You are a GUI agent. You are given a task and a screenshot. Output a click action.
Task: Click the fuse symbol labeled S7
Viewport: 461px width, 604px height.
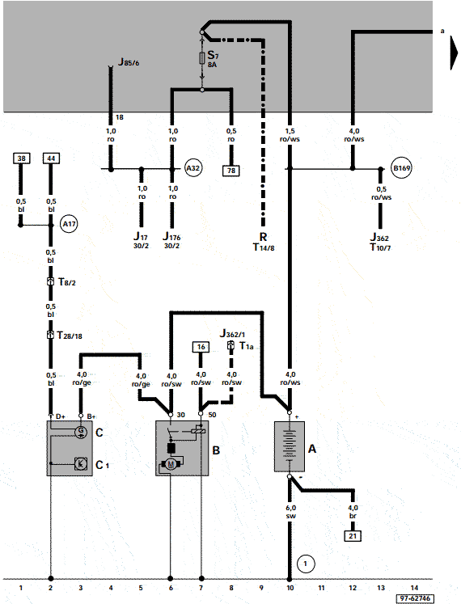pos(201,57)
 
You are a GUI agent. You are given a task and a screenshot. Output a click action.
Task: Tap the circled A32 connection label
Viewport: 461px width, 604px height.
pos(193,168)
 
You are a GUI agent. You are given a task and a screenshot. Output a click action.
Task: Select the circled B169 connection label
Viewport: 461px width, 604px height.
pos(401,168)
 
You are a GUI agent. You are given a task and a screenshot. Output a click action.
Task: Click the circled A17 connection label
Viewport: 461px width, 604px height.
pos(69,224)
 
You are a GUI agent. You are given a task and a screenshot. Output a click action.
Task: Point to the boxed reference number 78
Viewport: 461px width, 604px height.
pos(231,171)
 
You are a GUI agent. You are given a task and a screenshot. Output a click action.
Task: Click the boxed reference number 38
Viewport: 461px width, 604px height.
pos(21,158)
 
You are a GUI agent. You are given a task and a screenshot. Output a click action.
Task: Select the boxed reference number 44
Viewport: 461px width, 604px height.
pos(51,158)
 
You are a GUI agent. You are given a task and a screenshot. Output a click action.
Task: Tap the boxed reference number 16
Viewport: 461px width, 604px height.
pos(201,347)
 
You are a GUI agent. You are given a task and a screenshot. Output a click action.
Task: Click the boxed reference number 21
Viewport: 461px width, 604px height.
pos(353,536)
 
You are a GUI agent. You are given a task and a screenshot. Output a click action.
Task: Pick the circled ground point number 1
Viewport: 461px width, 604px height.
pos(306,564)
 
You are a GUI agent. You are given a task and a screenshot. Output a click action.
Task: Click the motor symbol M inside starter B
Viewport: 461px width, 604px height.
pos(171,465)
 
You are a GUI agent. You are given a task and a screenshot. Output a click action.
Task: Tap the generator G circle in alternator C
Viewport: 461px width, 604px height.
pos(81,432)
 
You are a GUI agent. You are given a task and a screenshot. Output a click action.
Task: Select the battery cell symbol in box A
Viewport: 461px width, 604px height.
pos(290,446)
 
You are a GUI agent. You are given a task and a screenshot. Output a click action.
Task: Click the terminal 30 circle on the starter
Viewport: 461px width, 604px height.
pos(171,415)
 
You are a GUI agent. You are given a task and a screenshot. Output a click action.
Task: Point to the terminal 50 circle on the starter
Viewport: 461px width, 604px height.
pos(201,414)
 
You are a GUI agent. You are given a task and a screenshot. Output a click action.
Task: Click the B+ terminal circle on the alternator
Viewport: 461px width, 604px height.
pos(81,416)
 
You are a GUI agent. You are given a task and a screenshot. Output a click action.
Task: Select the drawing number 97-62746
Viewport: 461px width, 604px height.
pos(414,598)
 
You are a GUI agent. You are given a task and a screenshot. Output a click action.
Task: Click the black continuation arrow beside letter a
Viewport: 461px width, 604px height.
pos(454,56)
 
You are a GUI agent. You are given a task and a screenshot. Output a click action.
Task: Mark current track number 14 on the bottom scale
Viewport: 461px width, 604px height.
pos(414,588)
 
